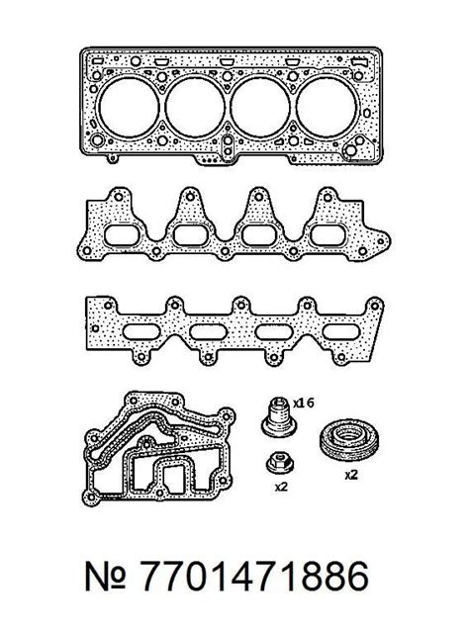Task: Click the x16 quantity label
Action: (x=303, y=403)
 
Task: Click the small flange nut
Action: (x=280, y=463)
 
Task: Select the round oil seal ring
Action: (x=350, y=439)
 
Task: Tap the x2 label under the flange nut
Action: (x=281, y=487)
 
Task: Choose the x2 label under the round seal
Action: (x=351, y=475)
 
